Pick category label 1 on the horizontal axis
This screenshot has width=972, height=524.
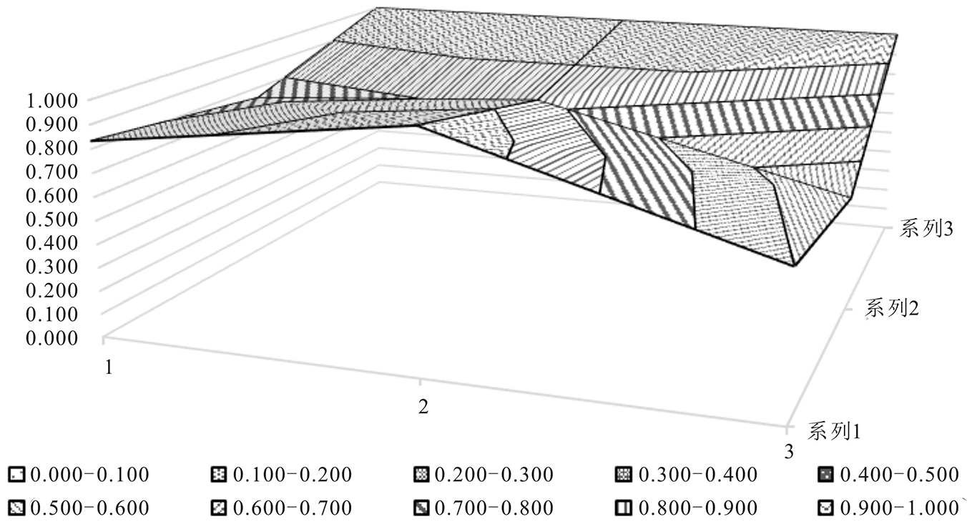(109, 367)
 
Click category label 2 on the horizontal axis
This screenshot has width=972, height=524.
(423, 407)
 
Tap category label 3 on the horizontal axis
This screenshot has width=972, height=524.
(789, 451)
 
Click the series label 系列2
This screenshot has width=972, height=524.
(893, 309)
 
